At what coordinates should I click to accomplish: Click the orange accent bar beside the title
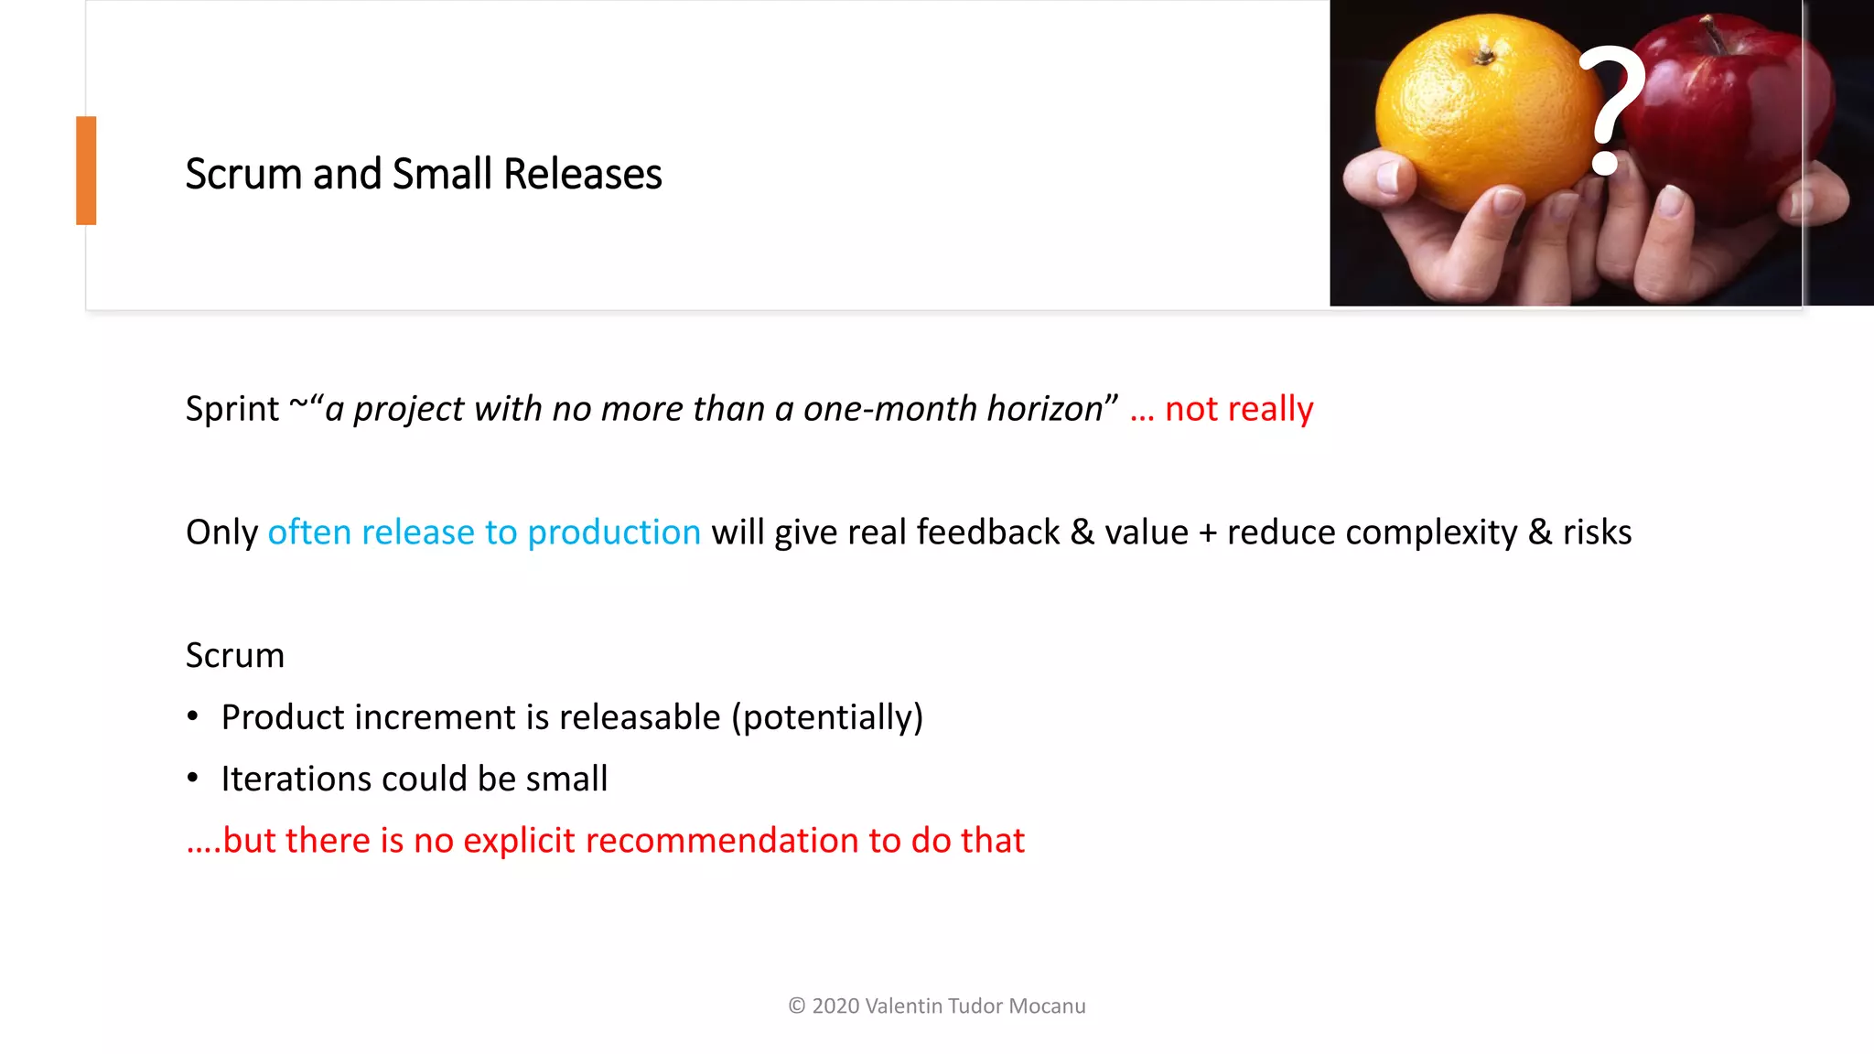pyautogui.click(x=86, y=170)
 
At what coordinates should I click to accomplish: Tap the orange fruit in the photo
pyautogui.click(x=1474, y=110)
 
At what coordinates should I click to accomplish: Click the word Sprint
pyautogui.click(x=232, y=408)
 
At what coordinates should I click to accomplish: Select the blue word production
pyautogui.click(x=614, y=532)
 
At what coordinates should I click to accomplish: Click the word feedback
pyautogui.click(x=987, y=532)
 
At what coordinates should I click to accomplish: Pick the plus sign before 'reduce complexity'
pyautogui.click(x=1207, y=532)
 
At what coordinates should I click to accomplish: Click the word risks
pyautogui.click(x=1597, y=532)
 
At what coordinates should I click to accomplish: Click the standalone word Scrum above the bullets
pyautogui.click(x=234, y=655)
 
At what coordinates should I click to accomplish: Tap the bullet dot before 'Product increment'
pyautogui.click(x=192, y=716)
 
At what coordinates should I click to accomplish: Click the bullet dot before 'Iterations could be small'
pyautogui.click(x=192, y=779)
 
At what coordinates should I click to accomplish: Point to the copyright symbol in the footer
pyautogui.click(x=797, y=1006)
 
